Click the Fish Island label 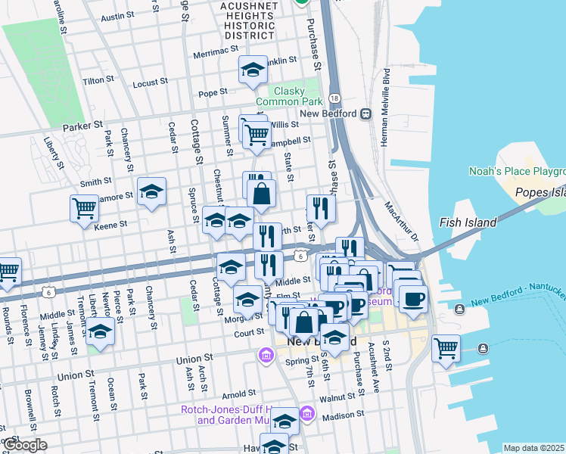point(468,222)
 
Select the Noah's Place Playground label point(517,171)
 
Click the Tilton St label point(98,79)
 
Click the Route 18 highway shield point(335,98)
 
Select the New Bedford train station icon point(365,113)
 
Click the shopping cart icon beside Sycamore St point(84,207)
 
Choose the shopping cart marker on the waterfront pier point(446,348)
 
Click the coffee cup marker point(413,299)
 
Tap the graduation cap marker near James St point(99,331)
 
